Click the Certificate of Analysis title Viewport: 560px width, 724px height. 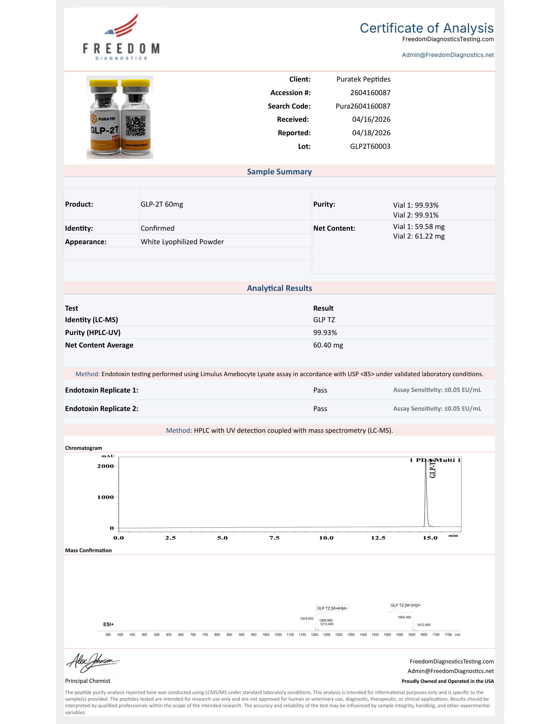coord(426,28)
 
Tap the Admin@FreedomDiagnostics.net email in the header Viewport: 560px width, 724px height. coord(448,55)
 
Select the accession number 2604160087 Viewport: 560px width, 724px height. coord(370,93)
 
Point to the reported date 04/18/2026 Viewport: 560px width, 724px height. coord(371,133)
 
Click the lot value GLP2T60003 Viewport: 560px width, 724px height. coord(370,146)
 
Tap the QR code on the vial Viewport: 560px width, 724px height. coord(135,126)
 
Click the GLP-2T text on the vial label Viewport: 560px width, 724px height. coord(104,130)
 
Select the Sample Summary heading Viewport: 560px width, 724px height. coord(279,172)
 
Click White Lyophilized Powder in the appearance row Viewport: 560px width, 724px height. coord(182,242)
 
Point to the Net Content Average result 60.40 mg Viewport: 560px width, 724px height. coord(328,345)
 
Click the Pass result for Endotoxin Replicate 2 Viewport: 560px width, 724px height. coord(320,409)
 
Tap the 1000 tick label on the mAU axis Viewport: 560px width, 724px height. coord(105,497)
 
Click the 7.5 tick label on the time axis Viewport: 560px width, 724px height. coord(274,538)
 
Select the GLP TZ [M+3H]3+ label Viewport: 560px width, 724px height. coord(406,605)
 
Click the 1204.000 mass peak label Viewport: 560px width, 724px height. coord(307,619)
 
